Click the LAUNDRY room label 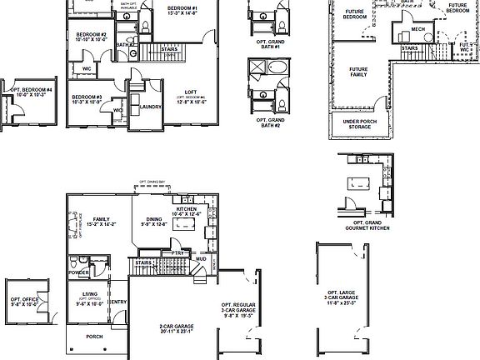point(151,107)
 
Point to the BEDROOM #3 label point(87,98)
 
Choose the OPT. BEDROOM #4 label point(30,91)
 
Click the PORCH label point(95,337)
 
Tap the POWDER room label point(80,272)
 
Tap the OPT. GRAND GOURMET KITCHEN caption point(367,226)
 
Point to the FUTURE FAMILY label point(358,72)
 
